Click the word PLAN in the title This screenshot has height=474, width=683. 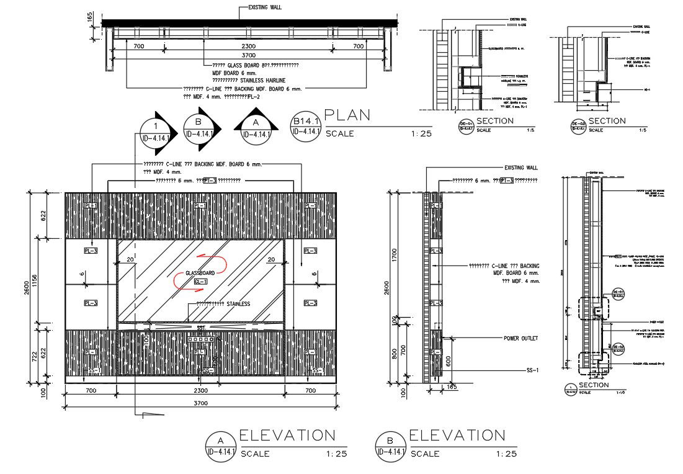[x=347, y=115]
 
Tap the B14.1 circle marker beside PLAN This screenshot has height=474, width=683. [x=305, y=125]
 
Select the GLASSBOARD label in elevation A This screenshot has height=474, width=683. [x=200, y=273]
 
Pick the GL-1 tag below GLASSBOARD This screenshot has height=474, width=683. [x=200, y=282]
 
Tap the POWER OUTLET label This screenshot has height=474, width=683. [x=520, y=338]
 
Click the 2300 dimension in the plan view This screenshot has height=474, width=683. [x=248, y=47]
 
